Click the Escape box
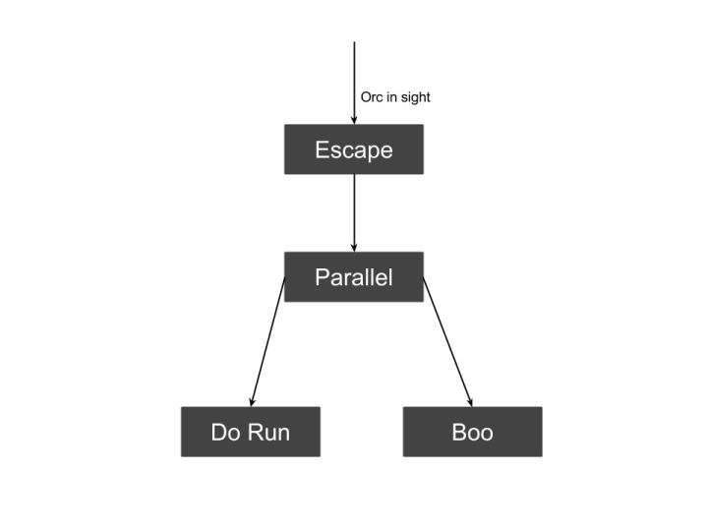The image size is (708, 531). [354, 149]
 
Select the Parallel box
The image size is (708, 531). [354, 277]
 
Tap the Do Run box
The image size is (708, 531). [251, 432]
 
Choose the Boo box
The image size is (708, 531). [472, 432]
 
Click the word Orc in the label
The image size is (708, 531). [372, 97]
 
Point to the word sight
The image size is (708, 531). [414, 97]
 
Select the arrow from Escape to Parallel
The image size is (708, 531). [354, 211]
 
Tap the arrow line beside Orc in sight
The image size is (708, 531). [354, 79]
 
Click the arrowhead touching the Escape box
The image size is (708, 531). [354, 119]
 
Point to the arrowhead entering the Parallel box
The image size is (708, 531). [354, 247]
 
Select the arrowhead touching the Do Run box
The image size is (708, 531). [253, 401]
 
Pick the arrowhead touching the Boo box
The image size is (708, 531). [470, 401]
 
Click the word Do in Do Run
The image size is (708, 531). [225, 432]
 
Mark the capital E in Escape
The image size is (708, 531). [322, 149]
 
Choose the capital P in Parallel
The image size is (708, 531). [322, 277]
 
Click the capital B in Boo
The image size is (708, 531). [458, 432]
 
